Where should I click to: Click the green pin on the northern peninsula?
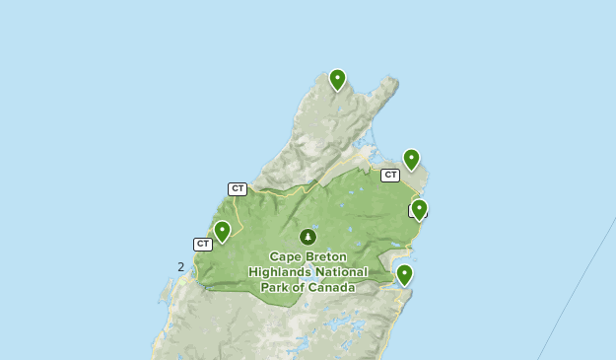(337, 79)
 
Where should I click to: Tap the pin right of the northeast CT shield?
(411, 159)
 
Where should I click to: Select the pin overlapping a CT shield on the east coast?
(419, 209)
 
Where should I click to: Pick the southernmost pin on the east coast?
(404, 274)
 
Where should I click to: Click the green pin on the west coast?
(222, 231)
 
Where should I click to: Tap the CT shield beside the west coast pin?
(203, 244)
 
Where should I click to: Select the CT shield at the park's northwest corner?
(237, 188)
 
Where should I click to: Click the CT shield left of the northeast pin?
(390, 175)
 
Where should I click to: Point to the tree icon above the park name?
(308, 237)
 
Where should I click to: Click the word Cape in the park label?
(287, 256)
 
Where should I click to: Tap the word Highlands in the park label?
(280, 272)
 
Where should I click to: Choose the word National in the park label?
(341, 272)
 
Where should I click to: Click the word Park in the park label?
(277, 288)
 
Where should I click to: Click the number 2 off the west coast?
(180, 266)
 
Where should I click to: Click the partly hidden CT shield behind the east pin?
(413, 211)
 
